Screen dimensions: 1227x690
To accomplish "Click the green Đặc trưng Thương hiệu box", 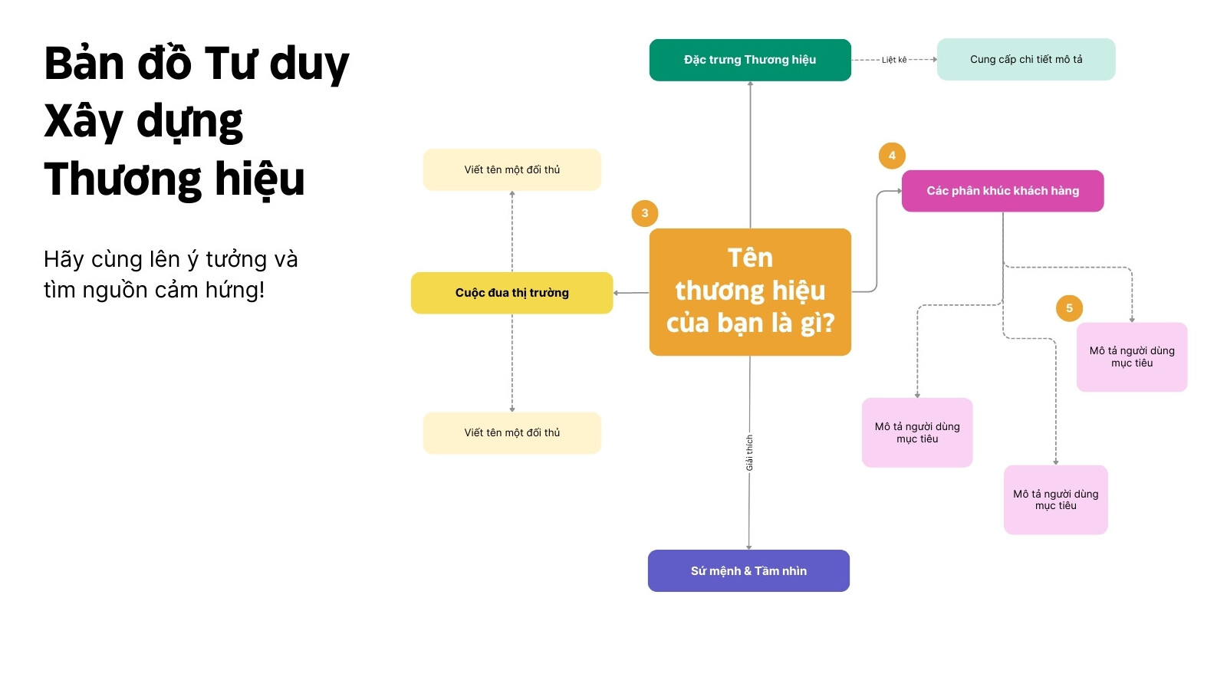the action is coord(750,60).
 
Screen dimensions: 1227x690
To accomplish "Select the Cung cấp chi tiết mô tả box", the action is coord(1026,59).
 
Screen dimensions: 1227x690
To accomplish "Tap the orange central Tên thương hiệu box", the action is coord(750,292).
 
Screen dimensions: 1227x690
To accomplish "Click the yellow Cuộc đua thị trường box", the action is coord(512,293).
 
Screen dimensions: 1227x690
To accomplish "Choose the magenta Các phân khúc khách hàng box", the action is coord(1002,191).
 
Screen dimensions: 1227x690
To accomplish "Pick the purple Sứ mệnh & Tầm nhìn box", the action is coord(748,570).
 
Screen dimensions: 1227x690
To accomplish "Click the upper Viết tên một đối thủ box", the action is coord(512,169).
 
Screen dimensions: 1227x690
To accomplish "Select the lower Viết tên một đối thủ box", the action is coord(512,432).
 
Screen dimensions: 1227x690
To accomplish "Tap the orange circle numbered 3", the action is coord(645,213).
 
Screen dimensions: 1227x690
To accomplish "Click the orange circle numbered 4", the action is coord(892,156).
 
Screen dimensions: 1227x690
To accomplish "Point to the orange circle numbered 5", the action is coord(1069,307).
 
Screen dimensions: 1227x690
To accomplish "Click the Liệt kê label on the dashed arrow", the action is coord(894,60).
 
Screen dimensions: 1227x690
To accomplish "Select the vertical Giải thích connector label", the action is coord(749,453).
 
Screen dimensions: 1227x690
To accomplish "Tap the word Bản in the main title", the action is coord(84,64).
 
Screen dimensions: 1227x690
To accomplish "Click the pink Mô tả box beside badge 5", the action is coord(1132,357).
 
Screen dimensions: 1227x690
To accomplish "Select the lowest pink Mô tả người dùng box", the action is coord(1055,499).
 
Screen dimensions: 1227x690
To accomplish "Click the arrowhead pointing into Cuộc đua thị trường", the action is coord(617,293).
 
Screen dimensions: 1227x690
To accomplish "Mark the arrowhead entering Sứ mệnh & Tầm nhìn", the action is coord(748,547).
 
